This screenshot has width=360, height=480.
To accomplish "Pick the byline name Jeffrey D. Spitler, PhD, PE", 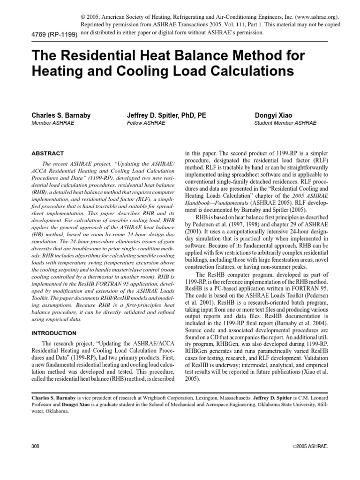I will (166, 115).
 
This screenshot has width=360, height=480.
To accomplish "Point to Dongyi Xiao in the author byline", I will (273, 115).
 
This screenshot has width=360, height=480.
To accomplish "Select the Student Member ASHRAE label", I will (285, 123).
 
